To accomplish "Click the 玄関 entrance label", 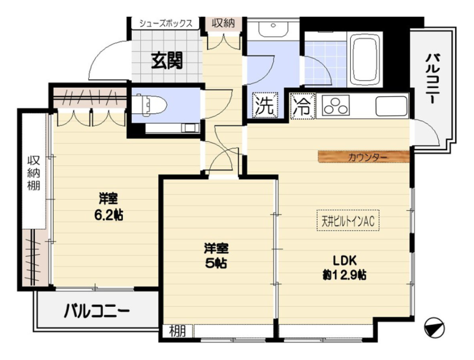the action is click(x=167, y=61).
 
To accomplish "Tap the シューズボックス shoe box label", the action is click(x=166, y=24).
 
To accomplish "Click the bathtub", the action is click(x=366, y=60).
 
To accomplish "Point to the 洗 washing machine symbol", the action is click(x=265, y=105).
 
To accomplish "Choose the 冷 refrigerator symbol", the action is click(x=303, y=106).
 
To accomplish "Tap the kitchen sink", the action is click(x=391, y=106).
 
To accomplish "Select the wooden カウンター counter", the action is click(x=364, y=157).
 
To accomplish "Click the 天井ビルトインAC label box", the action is click(x=348, y=221).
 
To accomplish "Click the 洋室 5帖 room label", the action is click(x=216, y=256).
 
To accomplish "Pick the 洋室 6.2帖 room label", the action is click(x=108, y=207).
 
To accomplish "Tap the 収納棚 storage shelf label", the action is click(x=34, y=173).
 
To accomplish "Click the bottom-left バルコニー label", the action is click(x=97, y=311).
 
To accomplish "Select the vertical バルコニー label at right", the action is click(x=432, y=79).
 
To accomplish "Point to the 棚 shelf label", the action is click(x=177, y=331).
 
